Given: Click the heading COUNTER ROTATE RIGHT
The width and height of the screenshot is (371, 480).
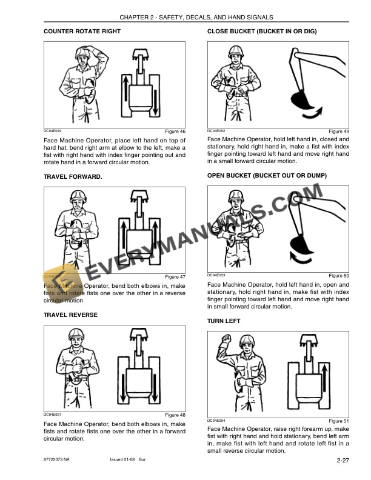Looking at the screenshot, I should pyautogui.click(x=82, y=31).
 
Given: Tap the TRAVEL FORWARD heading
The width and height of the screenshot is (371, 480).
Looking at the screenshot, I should pyautogui.click(x=73, y=177).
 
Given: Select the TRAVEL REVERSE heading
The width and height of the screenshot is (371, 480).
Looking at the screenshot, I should pyautogui.click(x=70, y=315).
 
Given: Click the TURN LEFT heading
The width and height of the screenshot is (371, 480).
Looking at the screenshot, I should pyautogui.click(x=224, y=321).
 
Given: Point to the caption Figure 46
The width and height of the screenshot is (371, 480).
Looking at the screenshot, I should pyautogui.click(x=175, y=132).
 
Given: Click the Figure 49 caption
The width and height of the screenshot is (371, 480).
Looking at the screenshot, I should pyautogui.click(x=338, y=132).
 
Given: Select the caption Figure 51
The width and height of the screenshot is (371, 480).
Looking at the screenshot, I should pyautogui.click(x=338, y=421).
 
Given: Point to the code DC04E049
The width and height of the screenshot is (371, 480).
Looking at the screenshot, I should pyautogui.click(x=53, y=131).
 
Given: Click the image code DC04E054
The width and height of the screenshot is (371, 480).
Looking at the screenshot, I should pyautogui.click(x=216, y=420).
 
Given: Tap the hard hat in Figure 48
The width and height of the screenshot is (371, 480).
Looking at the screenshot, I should pyautogui.click(x=76, y=335).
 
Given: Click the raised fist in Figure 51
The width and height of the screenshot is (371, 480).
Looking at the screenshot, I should pyautogui.click(x=224, y=343).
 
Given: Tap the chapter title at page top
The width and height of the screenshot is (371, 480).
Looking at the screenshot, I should pyautogui.click(x=196, y=17).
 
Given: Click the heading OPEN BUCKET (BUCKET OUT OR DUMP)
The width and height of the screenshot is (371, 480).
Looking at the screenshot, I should pyautogui.click(x=267, y=175).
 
